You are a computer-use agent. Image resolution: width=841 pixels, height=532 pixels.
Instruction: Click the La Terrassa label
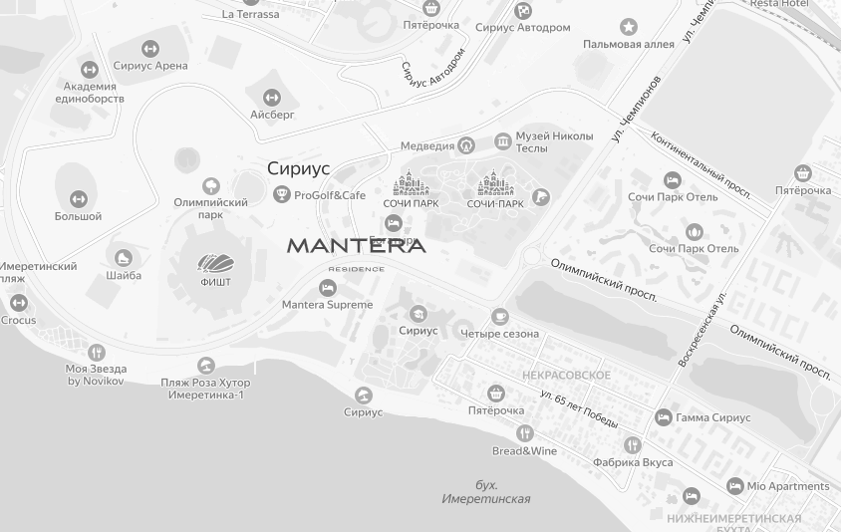pyautogui.click(x=250, y=14)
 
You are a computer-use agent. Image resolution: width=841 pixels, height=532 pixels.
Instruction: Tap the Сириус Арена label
pyautogui.click(x=150, y=66)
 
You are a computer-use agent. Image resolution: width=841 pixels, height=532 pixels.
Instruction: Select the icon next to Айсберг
pyautogui.click(x=271, y=97)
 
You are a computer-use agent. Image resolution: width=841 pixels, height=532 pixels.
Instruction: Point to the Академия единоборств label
pyautogui.click(x=90, y=93)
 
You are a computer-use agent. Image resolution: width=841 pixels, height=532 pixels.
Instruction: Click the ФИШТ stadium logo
pyautogui.click(x=215, y=263)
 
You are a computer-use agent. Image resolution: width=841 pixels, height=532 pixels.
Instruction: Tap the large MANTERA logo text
pyautogui.click(x=356, y=245)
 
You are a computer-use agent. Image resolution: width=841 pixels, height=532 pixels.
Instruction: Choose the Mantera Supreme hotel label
pyautogui.click(x=327, y=305)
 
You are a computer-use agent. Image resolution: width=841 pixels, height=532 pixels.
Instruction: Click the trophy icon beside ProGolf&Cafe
pyautogui.click(x=282, y=194)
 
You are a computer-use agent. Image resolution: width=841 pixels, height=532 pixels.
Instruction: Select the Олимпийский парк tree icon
pyautogui.click(x=210, y=185)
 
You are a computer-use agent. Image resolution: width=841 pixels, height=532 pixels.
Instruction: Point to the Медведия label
pyautogui.click(x=427, y=146)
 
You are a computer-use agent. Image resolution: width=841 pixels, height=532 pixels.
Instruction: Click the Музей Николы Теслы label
pyautogui.click(x=554, y=141)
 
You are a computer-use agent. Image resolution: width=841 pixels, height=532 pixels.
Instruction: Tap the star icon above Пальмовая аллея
pyautogui.click(x=628, y=27)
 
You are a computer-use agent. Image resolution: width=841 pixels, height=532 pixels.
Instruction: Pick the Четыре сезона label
pyautogui.click(x=499, y=334)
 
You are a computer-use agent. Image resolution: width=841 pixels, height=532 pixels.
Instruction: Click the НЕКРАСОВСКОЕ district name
pyautogui.click(x=566, y=375)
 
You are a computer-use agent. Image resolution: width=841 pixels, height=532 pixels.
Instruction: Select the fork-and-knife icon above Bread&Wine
pyautogui.click(x=524, y=432)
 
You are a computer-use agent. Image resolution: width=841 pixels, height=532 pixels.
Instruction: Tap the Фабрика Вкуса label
pyautogui.click(x=633, y=462)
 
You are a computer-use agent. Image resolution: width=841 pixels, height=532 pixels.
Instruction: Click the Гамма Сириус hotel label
pyautogui.click(x=712, y=417)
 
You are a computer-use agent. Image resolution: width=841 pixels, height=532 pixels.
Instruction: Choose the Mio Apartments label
pyautogui.click(x=787, y=486)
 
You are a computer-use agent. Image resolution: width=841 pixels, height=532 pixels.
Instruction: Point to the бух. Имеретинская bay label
pyautogui.click(x=486, y=492)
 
